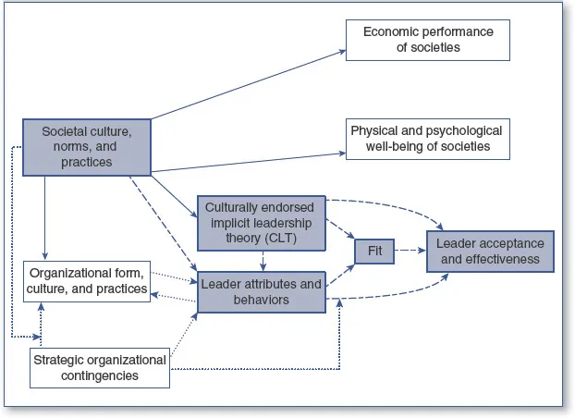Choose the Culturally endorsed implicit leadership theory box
click(x=260, y=221)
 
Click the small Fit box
click(x=374, y=249)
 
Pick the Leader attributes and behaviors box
click(x=260, y=291)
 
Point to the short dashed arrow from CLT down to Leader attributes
click(x=263, y=260)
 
